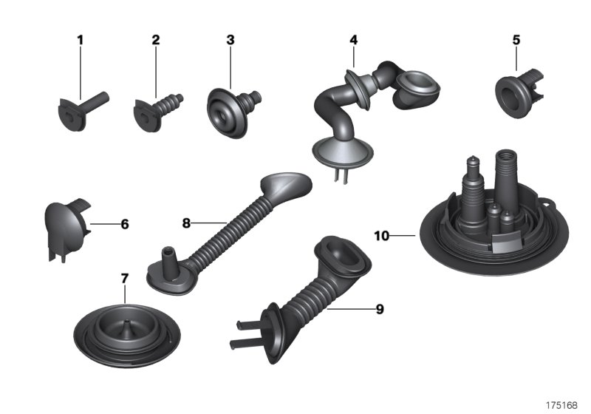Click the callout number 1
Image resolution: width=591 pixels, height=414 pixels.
81,40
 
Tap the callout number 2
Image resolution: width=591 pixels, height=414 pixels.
156,40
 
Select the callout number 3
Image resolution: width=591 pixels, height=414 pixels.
230,40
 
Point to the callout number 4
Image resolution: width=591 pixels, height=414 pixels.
354,40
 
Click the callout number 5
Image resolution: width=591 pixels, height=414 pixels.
516,40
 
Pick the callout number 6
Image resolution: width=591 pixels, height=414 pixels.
124,223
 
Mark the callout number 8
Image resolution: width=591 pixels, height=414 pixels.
186,222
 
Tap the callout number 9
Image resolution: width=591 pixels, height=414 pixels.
380,310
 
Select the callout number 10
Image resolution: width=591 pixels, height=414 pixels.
381,236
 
